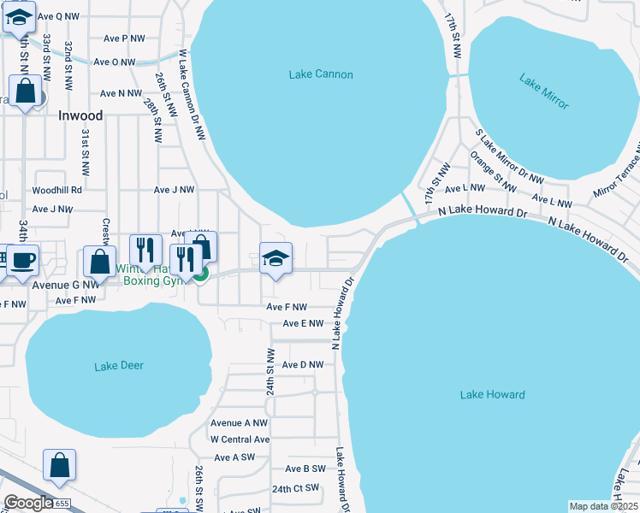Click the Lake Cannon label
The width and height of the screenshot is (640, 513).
[x=321, y=74]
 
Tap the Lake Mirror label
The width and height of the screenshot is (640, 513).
[x=544, y=91]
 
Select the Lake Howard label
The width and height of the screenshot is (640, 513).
[x=492, y=394]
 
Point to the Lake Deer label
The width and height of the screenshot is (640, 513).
[x=119, y=366]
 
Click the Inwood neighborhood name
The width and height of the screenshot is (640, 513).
[x=80, y=115]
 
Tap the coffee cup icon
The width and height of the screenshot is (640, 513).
[x=22, y=259]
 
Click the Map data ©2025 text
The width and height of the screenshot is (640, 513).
[x=603, y=506]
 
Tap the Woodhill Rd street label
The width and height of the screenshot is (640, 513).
[x=56, y=190]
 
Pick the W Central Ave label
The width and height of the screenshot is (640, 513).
[x=240, y=439]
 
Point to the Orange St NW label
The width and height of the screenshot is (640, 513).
[x=494, y=171]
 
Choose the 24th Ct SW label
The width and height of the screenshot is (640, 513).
[x=295, y=488]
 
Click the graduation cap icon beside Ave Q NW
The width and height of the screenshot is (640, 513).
[x=19, y=15]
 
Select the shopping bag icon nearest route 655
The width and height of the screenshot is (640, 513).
[x=60, y=466]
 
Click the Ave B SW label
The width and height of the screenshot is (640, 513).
[x=305, y=469]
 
